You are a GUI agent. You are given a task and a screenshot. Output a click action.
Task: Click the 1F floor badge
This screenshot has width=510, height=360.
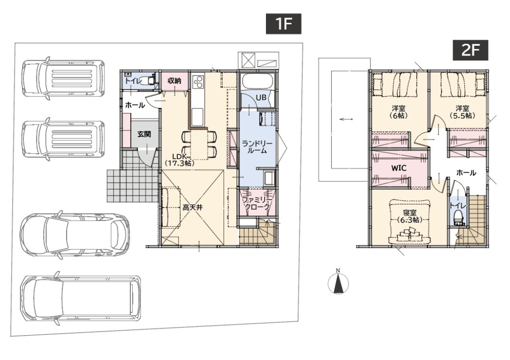(283, 24)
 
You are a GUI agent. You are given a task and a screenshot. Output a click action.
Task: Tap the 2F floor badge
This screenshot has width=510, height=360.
(470, 50)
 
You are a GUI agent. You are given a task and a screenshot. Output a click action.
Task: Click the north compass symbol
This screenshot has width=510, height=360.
(338, 282)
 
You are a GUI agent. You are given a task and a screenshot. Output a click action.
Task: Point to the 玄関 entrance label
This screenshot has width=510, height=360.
(144, 134)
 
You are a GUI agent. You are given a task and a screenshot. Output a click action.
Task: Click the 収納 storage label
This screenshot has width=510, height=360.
(175, 81)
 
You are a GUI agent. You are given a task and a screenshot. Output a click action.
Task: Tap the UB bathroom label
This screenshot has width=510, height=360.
(261, 97)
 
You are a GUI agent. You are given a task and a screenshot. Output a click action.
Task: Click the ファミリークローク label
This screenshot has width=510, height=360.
(257, 203)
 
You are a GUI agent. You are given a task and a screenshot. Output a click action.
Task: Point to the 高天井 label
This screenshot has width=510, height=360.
(193, 207)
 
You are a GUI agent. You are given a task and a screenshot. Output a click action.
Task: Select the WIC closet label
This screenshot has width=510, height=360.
(399, 168)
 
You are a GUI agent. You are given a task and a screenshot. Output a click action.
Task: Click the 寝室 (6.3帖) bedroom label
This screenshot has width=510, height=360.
(410, 216)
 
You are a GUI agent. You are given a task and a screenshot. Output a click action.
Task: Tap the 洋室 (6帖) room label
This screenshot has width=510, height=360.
(399, 111)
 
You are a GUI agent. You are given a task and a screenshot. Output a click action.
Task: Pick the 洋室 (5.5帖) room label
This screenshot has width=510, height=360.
(462, 111)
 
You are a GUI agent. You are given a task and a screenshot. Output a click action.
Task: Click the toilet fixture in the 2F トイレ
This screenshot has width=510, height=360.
(458, 217)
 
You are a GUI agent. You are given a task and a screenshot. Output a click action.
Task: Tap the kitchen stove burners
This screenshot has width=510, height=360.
(198, 82)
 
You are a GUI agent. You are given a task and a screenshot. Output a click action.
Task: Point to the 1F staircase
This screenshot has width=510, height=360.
(258, 232)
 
